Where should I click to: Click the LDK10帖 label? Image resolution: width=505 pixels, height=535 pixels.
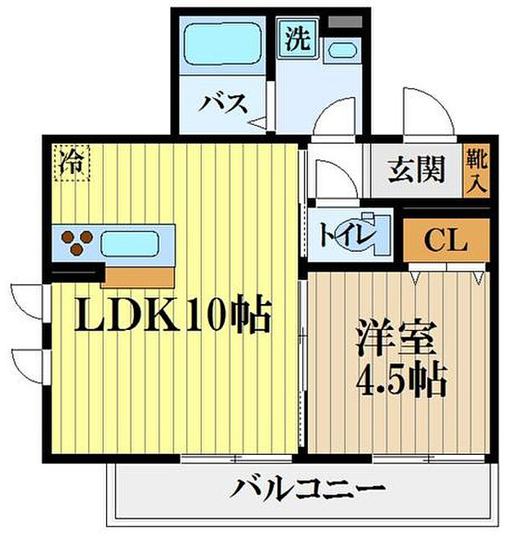click(173, 316)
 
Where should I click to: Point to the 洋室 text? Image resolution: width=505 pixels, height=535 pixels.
click(397, 339)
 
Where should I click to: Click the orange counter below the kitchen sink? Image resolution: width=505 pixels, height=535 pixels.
click(141, 276)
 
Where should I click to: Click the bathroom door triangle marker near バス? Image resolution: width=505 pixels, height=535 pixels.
click(258, 123)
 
